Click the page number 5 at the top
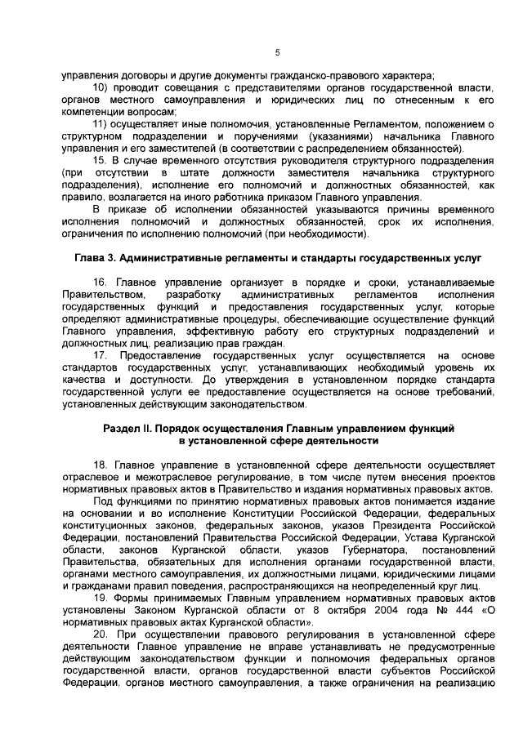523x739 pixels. click(277, 53)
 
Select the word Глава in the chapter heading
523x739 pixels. click(92, 259)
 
